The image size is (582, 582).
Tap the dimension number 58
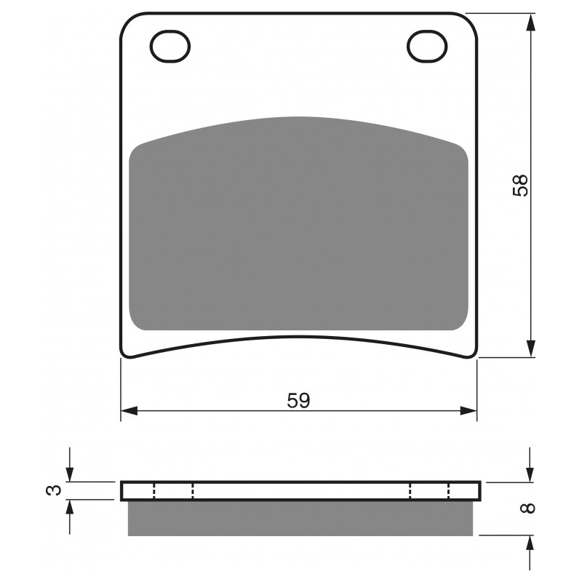[x=520, y=186]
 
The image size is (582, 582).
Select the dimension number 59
[x=298, y=401]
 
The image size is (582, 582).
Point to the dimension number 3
[x=54, y=490]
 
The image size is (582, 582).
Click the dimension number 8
[x=528, y=508]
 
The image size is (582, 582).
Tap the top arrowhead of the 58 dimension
[x=531, y=23]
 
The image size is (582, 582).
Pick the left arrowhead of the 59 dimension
[x=129, y=411]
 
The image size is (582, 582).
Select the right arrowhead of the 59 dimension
[x=469, y=411]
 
